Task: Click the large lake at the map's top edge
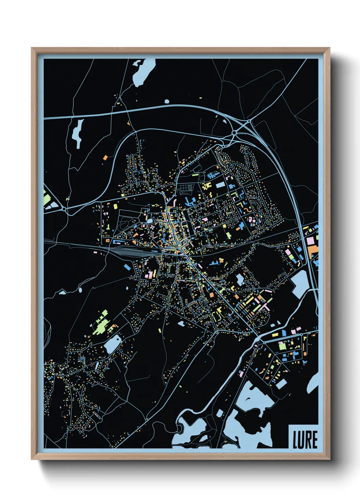tap(143, 72)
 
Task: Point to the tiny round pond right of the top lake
tap(167, 101)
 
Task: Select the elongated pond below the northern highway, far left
tap(78, 133)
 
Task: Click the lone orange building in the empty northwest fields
tap(105, 158)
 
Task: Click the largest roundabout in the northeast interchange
tap(234, 132)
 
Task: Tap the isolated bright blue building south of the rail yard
tap(127, 267)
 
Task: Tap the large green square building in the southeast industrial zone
tap(282, 346)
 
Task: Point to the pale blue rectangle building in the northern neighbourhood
tap(220, 185)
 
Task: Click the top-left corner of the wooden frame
tap(32, 49)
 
